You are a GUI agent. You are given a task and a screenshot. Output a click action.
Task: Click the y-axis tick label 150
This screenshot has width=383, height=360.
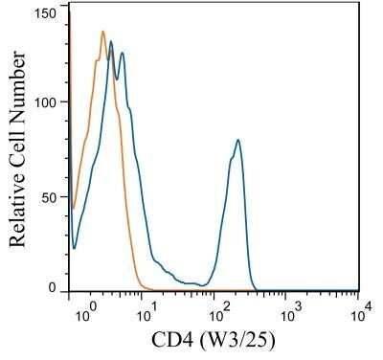pos(47,14)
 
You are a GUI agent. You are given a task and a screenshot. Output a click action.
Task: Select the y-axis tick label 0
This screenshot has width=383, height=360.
pos(55,286)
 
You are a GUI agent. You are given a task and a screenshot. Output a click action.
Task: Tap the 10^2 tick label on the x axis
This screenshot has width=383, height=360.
pos(217,310)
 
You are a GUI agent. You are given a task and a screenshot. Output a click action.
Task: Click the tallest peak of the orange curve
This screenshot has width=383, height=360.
pos(102,32)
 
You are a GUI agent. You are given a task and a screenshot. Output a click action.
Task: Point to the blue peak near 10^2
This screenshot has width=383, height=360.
pos(237,141)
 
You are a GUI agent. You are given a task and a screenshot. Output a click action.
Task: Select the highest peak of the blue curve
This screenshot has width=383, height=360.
pos(111,41)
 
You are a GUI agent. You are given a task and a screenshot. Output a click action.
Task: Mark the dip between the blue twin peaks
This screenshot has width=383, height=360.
pos(117,79)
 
